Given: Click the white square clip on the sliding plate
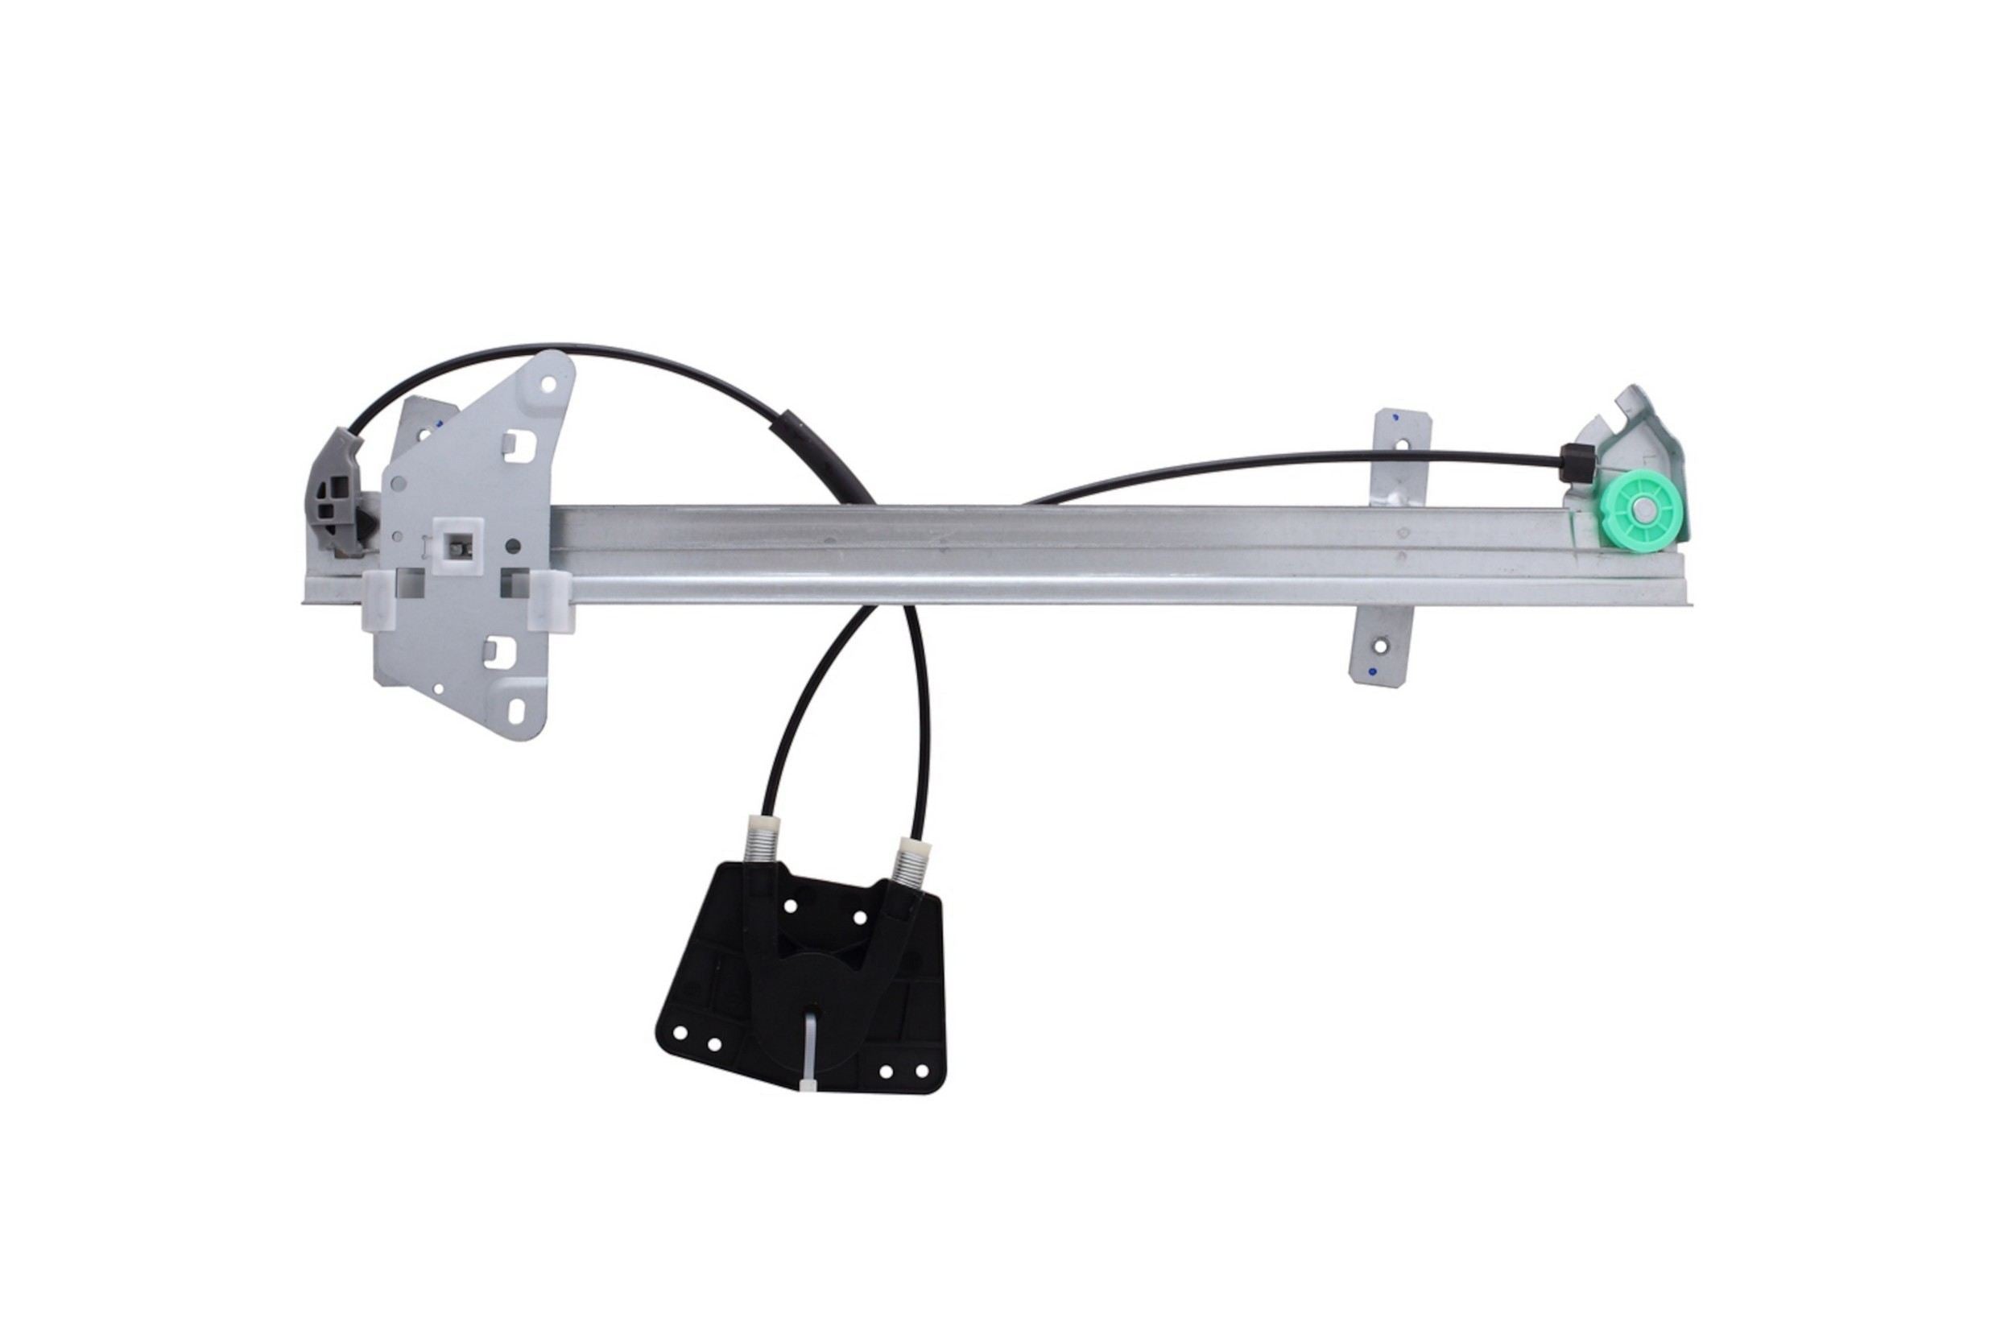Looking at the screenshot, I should point(459,546).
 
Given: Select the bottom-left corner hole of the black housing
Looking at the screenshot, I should point(680,1034).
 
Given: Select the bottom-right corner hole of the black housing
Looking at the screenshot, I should point(922,1071).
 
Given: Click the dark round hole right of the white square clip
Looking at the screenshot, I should point(513,545).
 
